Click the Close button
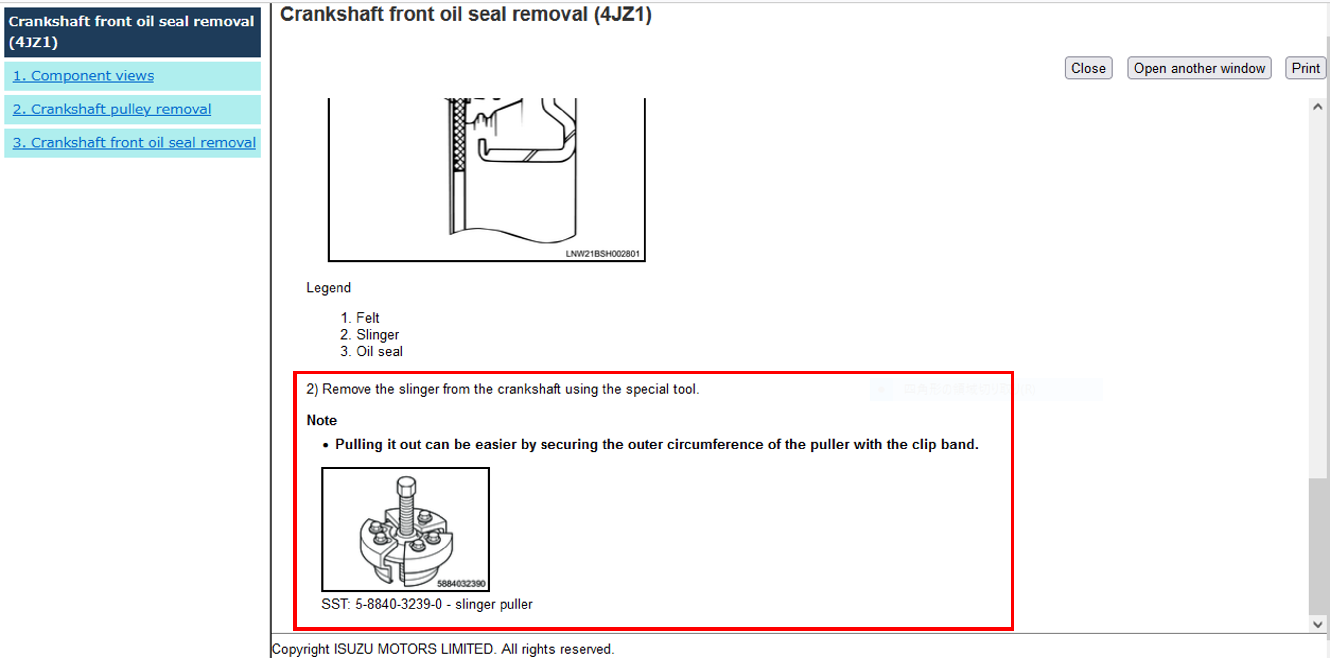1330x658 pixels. tap(1088, 68)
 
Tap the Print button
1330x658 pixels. tap(1305, 68)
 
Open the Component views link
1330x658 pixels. tap(83, 76)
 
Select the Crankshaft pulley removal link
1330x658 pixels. tap(112, 110)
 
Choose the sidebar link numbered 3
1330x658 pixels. tap(134, 142)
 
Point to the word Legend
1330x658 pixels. tap(328, 288)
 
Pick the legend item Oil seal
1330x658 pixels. tap(379, 351)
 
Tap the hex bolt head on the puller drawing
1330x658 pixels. tap(406, 485)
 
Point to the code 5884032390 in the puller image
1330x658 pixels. tap(460, 583)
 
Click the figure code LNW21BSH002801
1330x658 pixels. tap(602, 254)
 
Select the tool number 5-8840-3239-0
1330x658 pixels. tap(398, 604)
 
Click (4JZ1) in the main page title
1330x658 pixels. tap(622, 14)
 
